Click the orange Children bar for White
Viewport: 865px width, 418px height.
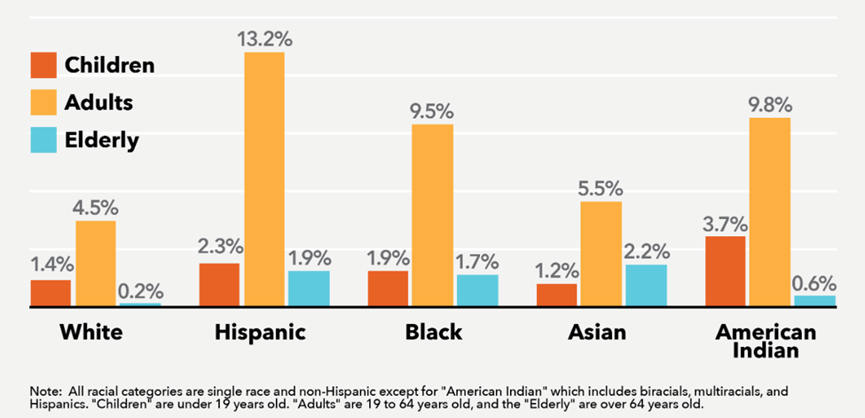51,293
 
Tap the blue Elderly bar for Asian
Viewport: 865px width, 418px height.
645,285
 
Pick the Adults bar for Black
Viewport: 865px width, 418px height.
432,215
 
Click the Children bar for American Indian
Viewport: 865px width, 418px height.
725,271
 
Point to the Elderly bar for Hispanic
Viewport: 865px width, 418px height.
308,288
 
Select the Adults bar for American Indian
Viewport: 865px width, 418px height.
769,211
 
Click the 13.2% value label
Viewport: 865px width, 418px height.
264,39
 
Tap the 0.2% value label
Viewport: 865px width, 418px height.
139,290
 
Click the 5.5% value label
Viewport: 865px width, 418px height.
601,188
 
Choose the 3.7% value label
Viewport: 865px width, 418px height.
725,223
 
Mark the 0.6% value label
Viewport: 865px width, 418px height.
814,283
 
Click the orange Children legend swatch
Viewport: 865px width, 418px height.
42,65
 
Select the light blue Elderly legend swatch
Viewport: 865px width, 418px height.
42,139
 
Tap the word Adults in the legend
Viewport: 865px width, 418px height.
98,102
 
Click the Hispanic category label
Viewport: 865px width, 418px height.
260,333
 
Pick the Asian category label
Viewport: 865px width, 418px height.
597,333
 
